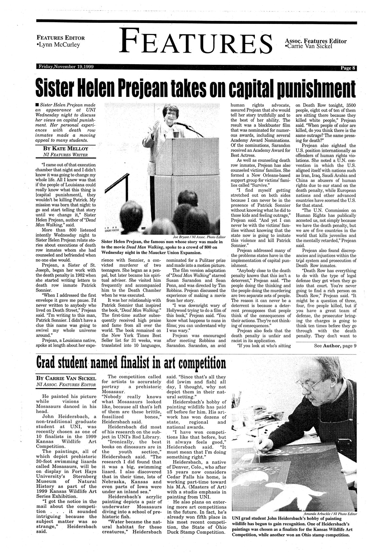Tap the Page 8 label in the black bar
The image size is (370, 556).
(347, 68)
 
